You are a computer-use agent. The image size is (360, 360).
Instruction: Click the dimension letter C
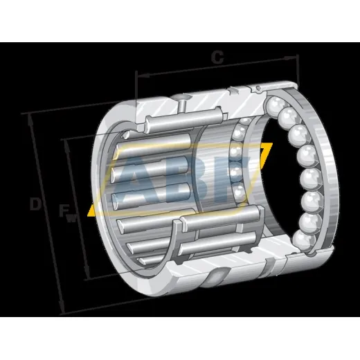[x=217, y=57]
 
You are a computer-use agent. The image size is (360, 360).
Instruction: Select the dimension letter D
[x=35, y=204]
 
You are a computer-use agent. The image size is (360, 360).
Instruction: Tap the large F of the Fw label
[x=64, y=210]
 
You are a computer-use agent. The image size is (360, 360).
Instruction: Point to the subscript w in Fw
[x=71, y=219]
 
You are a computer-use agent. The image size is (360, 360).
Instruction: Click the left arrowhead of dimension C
[x=143, y=75]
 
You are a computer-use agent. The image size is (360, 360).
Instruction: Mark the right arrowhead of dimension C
[x=291, y=57]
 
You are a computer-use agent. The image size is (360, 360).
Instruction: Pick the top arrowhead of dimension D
[x=30, y=120]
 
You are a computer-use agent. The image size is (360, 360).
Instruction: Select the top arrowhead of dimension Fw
[x=67, y=146]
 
